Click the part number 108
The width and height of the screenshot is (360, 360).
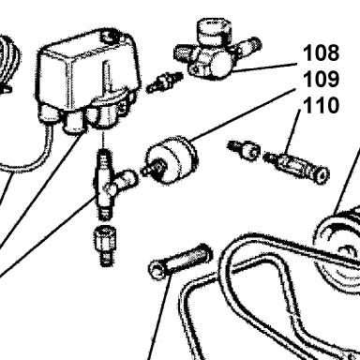pyautogui.click(x=321, y=52)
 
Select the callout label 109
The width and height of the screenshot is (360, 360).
pyautogui.click(x=321, y=79)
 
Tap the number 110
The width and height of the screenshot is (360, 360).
pyautogui.click(x=321, y=105)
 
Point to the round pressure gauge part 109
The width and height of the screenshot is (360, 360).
pyautogui.click(x=171, y=159)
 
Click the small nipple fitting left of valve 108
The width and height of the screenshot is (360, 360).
pyautogui.click(x=164, y=82)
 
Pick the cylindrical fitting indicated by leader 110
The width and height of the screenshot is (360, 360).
pyautogui.click(x=296, y=165)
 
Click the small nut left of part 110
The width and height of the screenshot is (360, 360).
pyautogui.click(x=245, y=150)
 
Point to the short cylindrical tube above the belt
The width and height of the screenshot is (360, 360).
pyautogui.click(x=180, y=262)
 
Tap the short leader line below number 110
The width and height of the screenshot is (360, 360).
pyautogui.click(x=292, y=132)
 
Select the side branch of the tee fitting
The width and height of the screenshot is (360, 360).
pyautogui.click(x=125, y=180)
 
